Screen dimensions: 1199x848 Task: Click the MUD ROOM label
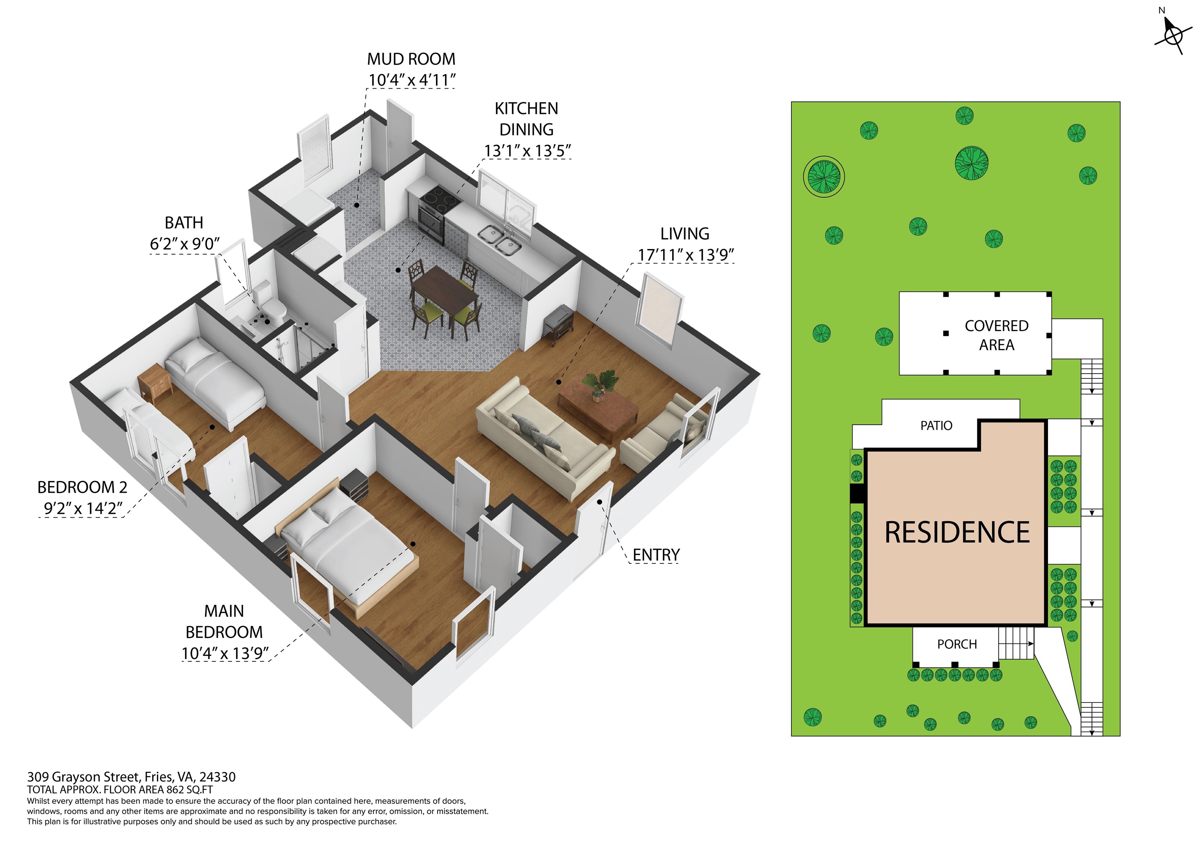411,59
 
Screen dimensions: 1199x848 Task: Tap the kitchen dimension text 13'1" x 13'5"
527,151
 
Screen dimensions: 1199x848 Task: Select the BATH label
184,223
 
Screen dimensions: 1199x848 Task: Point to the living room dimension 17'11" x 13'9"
686,255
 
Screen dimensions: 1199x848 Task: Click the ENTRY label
656,555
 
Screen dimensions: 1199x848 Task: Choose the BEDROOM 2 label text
82,488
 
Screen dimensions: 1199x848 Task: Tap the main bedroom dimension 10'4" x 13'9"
225,654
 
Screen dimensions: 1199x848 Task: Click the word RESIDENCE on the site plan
957,533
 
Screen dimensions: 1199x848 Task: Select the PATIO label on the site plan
936,426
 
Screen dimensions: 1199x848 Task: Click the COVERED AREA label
996,335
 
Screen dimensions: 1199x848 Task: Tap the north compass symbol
1173,34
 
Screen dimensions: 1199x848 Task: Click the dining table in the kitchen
445,288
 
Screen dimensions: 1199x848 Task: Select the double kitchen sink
499,239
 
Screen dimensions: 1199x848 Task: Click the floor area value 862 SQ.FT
190,790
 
